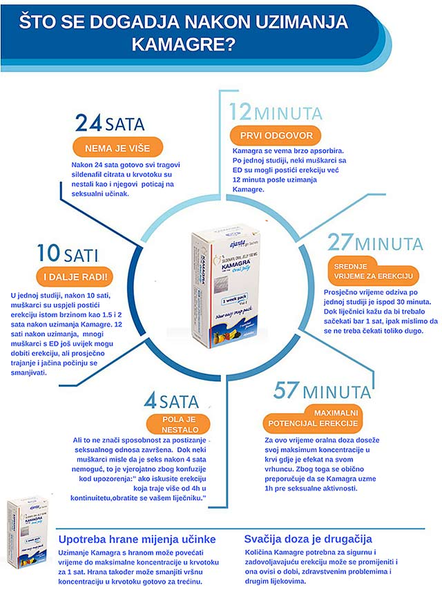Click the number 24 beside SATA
point(88,124)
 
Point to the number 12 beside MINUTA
point(241,112)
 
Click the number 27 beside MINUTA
point(340,244)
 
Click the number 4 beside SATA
point(150,400)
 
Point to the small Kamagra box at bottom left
point(27,523)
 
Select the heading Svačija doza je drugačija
point(308,538)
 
